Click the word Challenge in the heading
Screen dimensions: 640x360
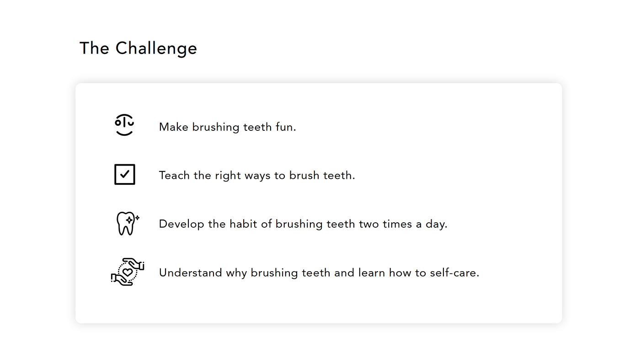tap(156, 48)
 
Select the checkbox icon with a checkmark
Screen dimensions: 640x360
tap(124, 174)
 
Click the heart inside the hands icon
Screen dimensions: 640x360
tap(128, 272)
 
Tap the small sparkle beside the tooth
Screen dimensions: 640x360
tap(138, 218)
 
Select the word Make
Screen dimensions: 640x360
tap(173, 127)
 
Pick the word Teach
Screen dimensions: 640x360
tap(174, 175)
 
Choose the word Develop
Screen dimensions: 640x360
tap(181, 225)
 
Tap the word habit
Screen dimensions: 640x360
tap(243, 224)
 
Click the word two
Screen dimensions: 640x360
tap(369, 224)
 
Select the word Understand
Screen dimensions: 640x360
tap(190, 273)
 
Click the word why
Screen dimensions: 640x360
tap(236, 274)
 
